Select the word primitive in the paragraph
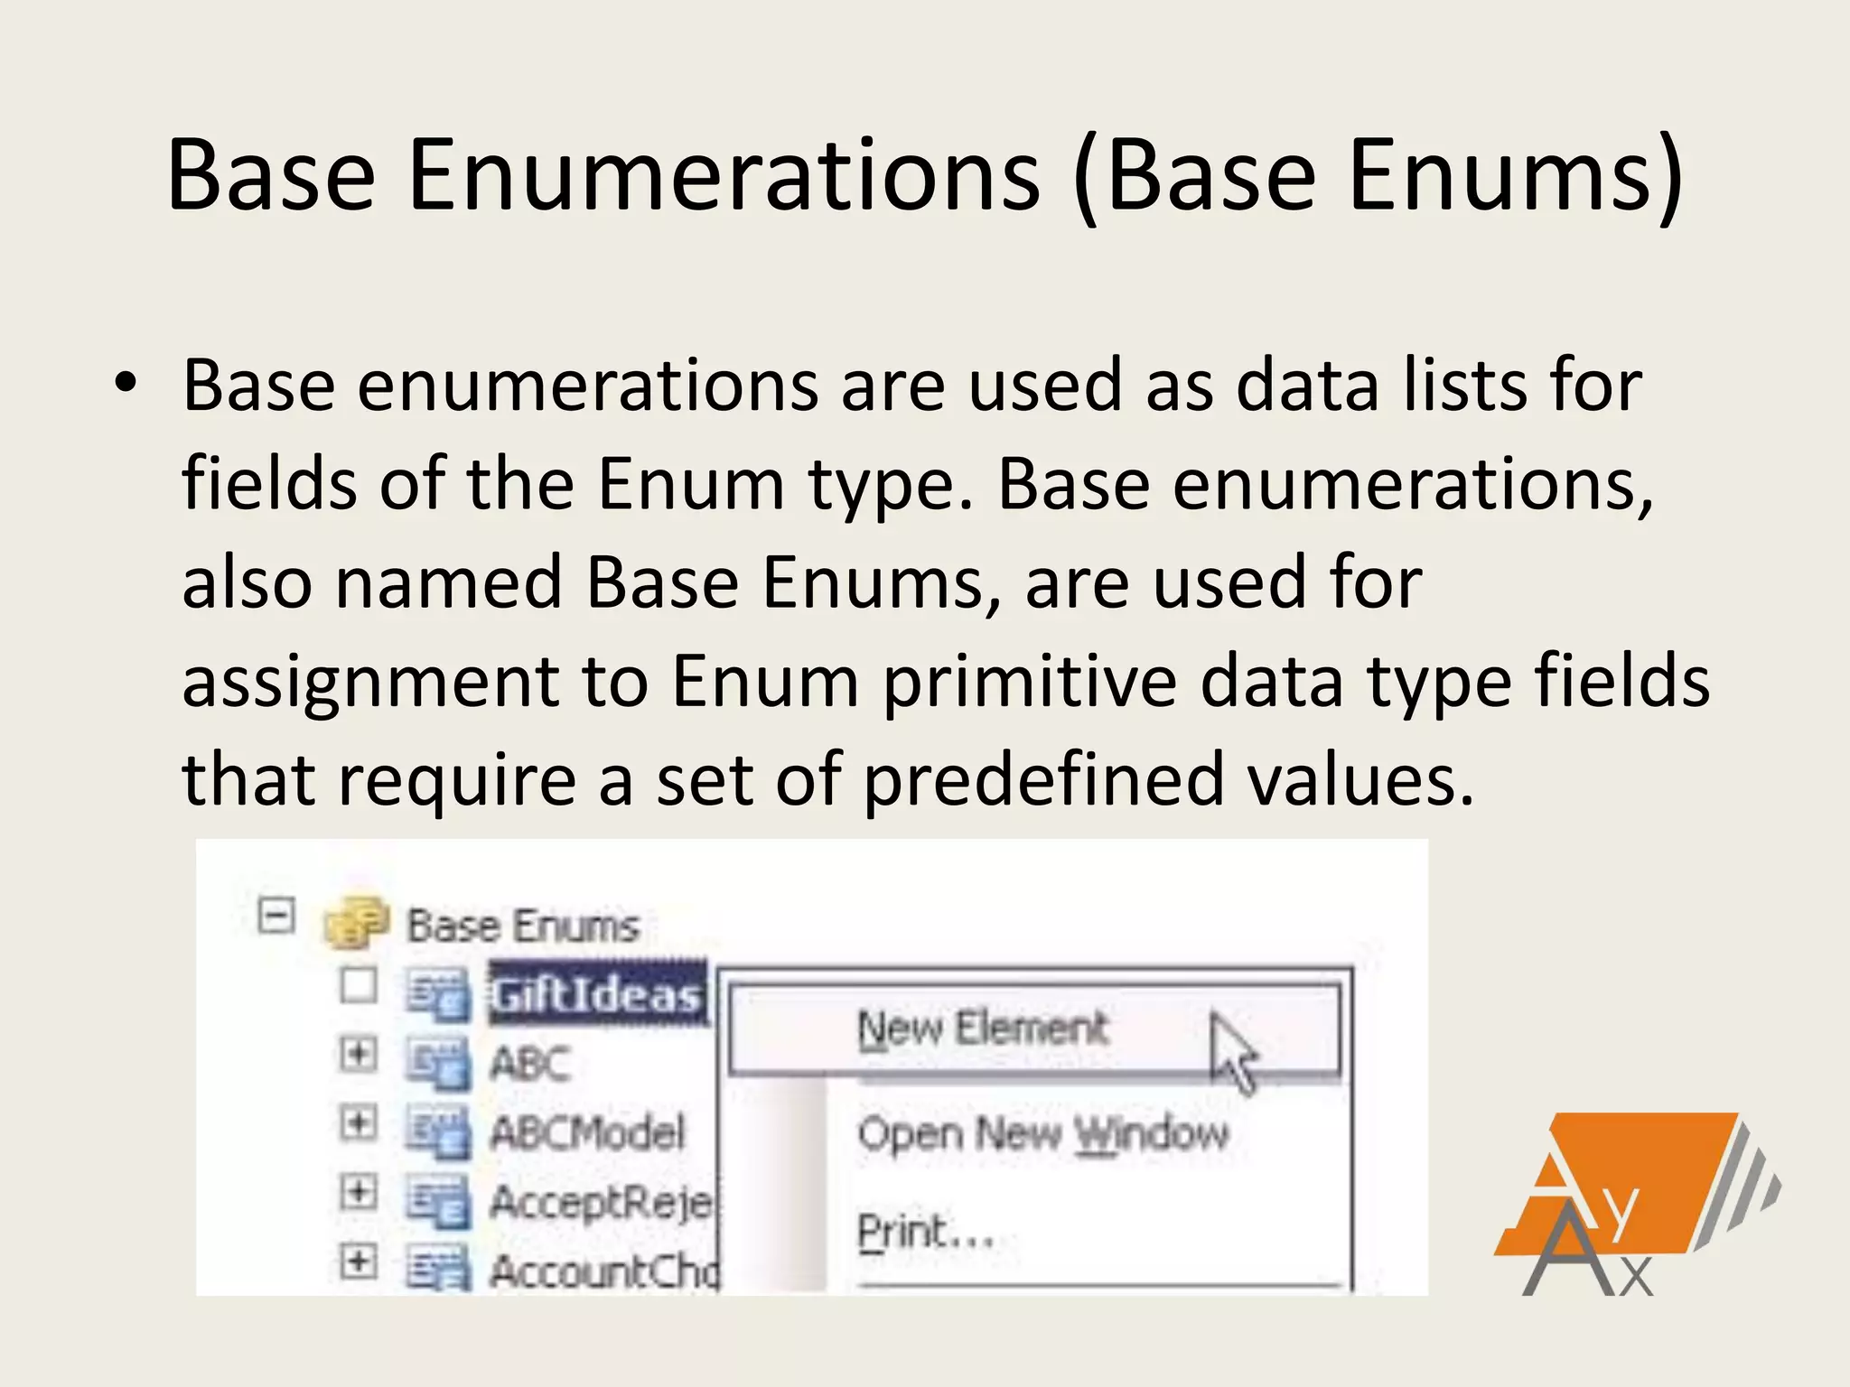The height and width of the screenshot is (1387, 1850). tap(1029, 681)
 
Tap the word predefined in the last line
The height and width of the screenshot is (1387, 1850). tap(1043, 779)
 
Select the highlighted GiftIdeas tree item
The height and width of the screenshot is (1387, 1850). tap(596, 994)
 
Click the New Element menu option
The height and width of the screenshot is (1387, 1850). tap(983, 1029)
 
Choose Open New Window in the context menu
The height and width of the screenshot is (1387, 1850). tap(1043, 1133)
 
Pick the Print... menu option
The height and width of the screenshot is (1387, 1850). tap(926, 1232)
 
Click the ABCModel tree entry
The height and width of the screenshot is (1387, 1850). tap(587, 1132)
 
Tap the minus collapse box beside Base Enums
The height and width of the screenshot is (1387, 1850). tap(276, 917)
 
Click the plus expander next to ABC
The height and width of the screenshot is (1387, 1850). tap(358, 1053)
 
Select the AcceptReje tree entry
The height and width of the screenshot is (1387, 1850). tap(601, 1202)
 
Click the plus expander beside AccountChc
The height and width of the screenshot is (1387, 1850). tap(358, 1261)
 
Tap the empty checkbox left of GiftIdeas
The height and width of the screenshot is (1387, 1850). tap(358, 985)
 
